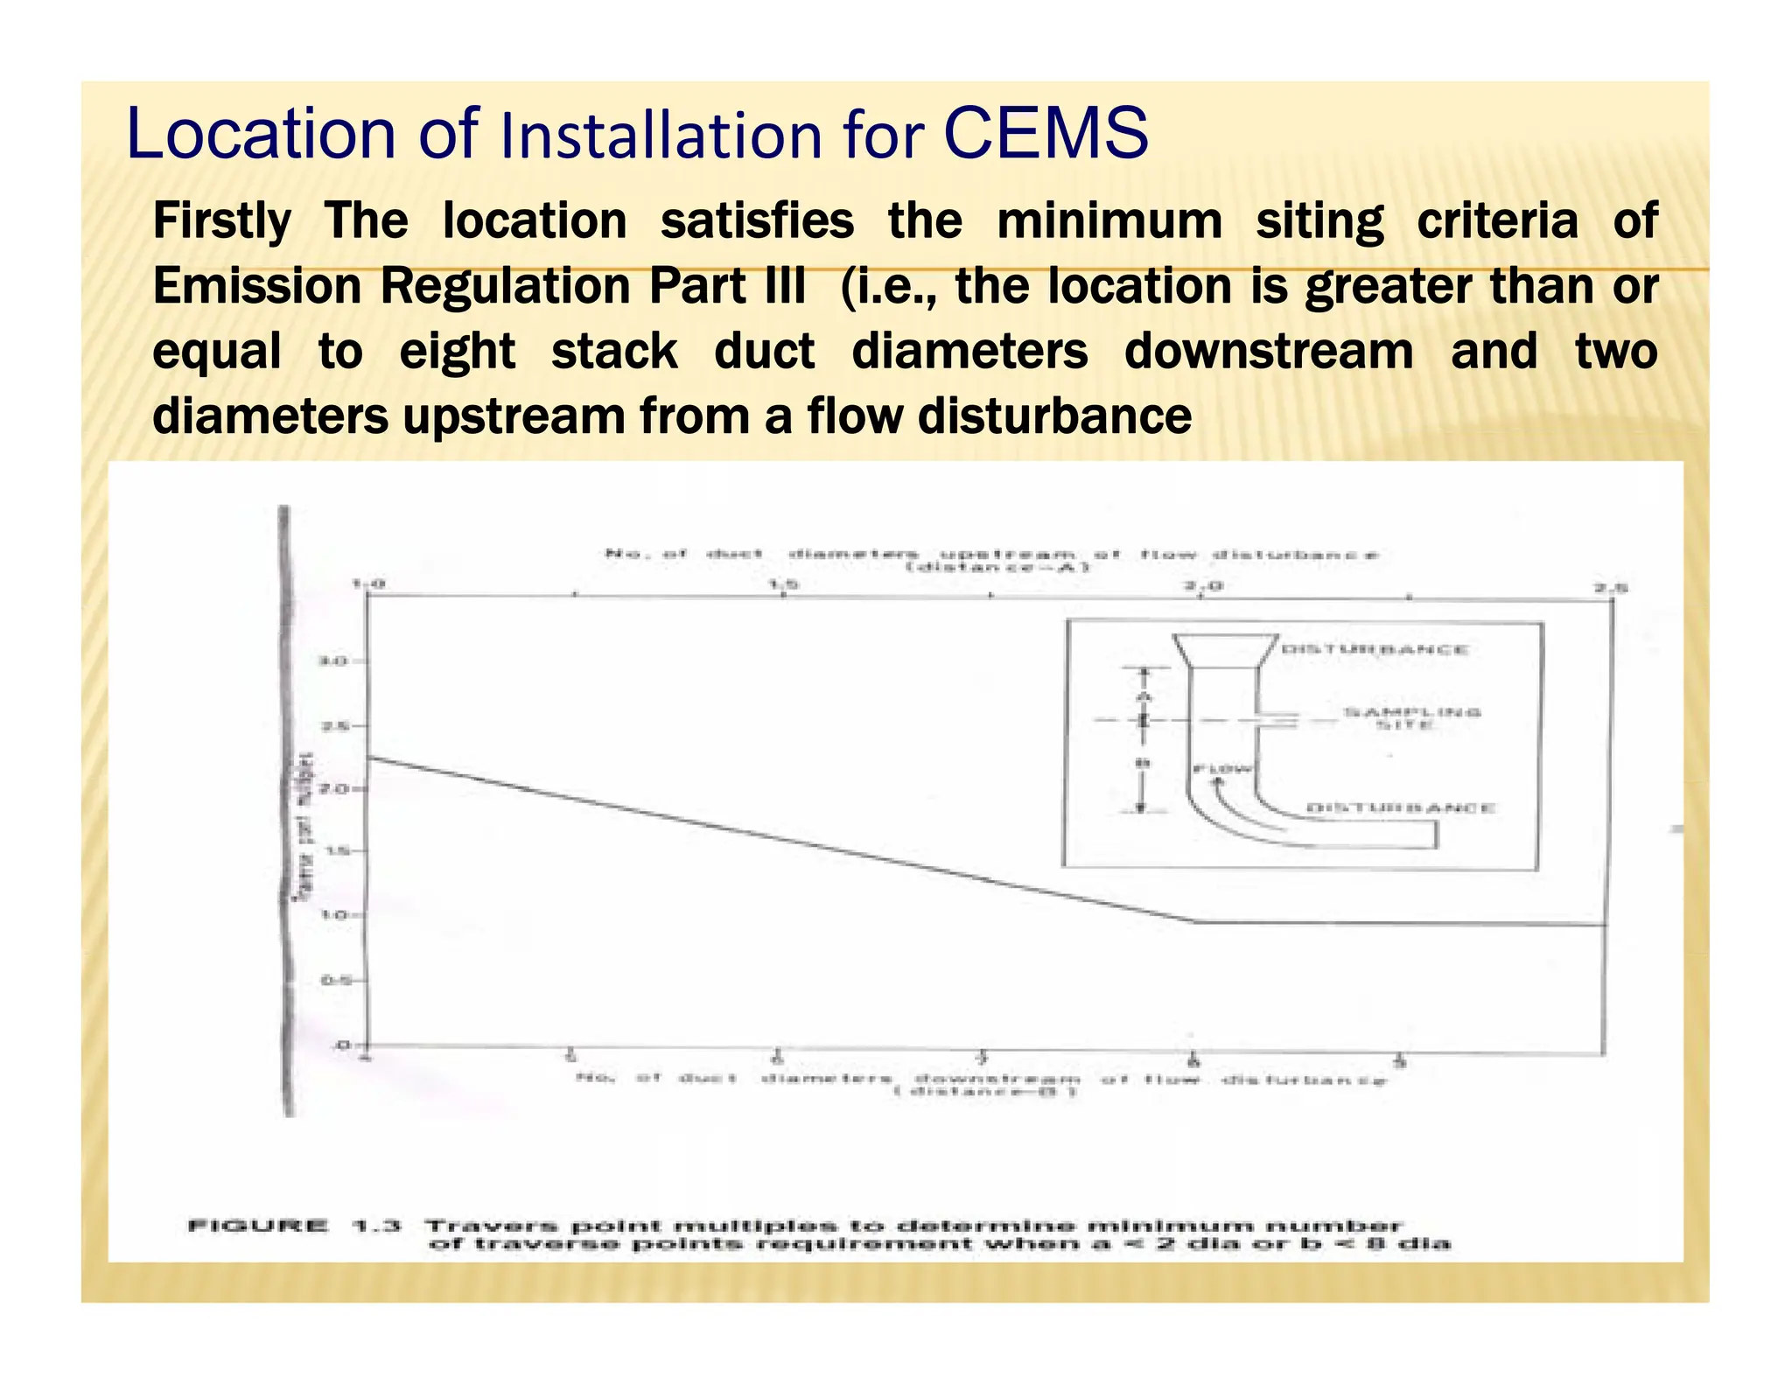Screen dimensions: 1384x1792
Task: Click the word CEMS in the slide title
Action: click(1046, 133)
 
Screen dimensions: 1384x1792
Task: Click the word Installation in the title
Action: click(662, 136)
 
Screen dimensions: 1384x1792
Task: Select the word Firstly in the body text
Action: click(221, 220)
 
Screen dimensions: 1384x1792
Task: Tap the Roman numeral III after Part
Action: click(783, 286)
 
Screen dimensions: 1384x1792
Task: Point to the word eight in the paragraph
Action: click(457, 352)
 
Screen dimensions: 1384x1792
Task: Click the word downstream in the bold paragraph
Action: click(1268, 352)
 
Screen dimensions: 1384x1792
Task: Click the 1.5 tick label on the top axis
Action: click(781, 584)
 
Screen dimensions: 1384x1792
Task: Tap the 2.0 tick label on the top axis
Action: click(1198, 584)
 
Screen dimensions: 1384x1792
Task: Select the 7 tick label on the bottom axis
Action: click(983, 1060)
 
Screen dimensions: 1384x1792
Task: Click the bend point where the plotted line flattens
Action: click(1195, 921)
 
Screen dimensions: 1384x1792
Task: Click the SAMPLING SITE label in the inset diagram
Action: click(1411, 718)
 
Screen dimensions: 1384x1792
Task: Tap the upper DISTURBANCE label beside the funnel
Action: click(1375, 649)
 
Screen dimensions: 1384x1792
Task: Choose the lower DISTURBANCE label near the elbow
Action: click(1399, 807)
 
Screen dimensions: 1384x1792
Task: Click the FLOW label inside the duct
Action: click(1223, 770)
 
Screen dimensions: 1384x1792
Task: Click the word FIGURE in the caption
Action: click(258, 1226)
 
